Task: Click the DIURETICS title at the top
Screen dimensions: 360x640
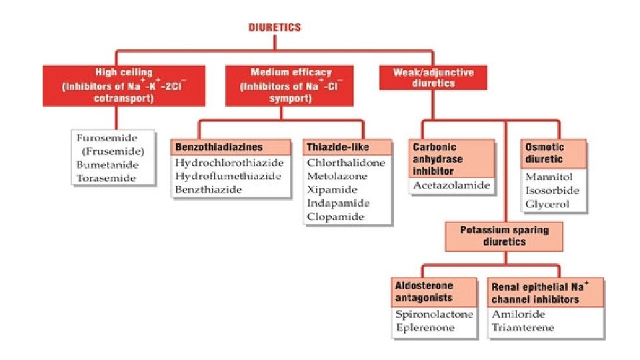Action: [x=275, y=28]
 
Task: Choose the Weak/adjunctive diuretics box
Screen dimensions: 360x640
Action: [x=433, y=78]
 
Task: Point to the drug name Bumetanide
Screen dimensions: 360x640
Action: [x=106, y=164]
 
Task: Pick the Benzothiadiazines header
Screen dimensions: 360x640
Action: [x=219, y=147]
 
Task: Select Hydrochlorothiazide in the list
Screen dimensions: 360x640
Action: [x=229, y=163]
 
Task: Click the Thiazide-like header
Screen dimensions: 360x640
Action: [x=337, y=147]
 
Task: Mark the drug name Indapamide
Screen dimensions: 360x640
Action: [x=338, y=203]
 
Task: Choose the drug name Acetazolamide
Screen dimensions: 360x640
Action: [x=451, y=185]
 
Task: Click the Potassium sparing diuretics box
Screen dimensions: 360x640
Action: [x=503, y=236]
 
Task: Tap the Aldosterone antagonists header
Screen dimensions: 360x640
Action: [x=425, y=291]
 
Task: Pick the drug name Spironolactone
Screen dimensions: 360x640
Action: [x=433, y=314]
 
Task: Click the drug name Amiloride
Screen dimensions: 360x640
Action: [x=519, y=314]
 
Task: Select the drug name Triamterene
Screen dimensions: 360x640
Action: [x=523, y=327]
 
